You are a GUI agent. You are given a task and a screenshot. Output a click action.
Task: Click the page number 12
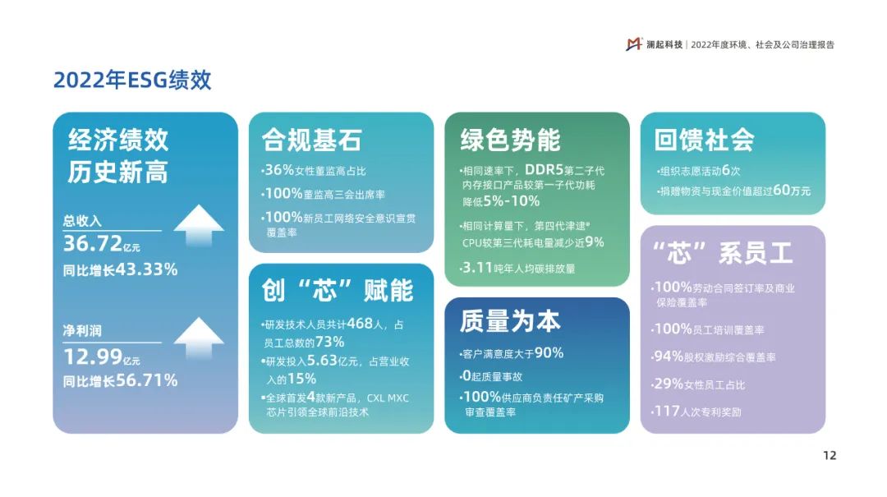point(830,456)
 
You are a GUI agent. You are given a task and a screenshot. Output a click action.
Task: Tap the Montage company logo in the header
point(633,44)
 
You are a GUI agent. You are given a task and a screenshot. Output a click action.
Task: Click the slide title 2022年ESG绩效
point(132,80)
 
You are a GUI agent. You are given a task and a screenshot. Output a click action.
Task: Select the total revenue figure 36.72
point(92,243)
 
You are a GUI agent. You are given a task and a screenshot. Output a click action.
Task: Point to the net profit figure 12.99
point(93,357)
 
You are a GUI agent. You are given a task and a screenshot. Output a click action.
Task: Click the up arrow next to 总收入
point(199,225)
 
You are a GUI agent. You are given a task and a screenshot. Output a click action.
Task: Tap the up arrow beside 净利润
point(199,338)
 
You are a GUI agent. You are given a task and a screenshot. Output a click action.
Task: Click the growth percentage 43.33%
point(146,269)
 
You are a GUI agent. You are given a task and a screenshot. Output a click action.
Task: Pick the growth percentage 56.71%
point(146,380)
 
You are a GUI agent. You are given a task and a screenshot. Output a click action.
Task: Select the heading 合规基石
point(312,140)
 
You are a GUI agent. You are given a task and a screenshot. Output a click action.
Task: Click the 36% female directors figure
point(279,170)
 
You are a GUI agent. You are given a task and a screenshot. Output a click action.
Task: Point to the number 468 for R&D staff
point(360,323)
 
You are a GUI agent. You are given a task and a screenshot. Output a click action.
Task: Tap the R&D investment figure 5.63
point(322,361)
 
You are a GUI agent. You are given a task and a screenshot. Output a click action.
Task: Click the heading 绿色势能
point(510,140)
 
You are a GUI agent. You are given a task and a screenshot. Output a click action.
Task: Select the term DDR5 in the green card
point(545,170)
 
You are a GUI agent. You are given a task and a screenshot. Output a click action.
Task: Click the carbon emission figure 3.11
point(477,267)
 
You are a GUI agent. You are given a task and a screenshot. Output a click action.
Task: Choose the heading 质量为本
point(510,321)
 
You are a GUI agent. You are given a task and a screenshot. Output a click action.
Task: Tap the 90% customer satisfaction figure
point(549,352)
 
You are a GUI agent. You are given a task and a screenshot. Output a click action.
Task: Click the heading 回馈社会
point(705,140)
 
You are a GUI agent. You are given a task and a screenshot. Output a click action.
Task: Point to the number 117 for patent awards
point(667,411)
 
